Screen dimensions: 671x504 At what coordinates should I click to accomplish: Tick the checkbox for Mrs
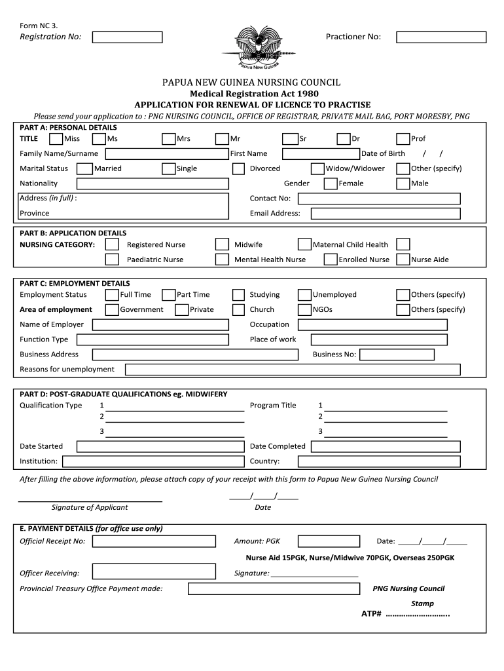click(x=169, y=139)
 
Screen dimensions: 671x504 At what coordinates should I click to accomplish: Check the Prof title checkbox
click(x=403, y=139)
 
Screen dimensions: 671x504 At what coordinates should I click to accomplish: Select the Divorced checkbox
click(x=239, y=168)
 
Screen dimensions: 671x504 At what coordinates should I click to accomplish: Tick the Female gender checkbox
click(x=331, y=183)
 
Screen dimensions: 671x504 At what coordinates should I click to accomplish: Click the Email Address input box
click(x=386, y=214)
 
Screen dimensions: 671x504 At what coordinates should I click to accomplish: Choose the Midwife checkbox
click(x=223, y=244)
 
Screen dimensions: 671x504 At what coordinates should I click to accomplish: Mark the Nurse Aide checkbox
click(x=403, y=259)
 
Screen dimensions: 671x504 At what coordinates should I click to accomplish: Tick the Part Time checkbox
click(x=169, y=295)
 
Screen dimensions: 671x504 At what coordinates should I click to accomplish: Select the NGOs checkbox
click(x=304, y=310)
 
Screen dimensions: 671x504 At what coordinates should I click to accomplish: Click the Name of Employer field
click(x=160, y=325)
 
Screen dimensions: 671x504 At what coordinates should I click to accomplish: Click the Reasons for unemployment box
click(x=292, y=370)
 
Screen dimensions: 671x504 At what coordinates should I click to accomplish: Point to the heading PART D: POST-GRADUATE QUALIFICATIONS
click(x=124, y=394)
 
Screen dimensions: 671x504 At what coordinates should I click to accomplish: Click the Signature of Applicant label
click(x=90, y=507)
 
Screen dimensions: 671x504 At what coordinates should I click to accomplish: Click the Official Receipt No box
click(x=154, y=541)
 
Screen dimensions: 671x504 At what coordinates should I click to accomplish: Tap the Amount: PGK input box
click(x=329, y=541)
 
